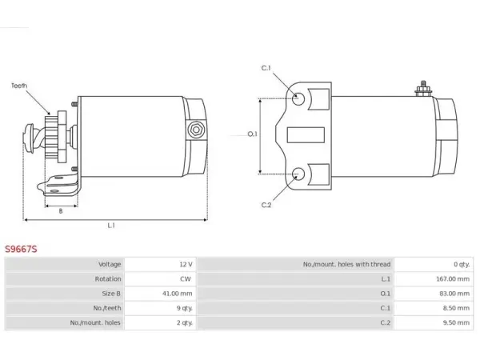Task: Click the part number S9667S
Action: [21, 249]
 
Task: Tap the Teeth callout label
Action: [19, 86]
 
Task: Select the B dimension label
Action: [61, 211]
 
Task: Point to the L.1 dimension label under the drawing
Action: [111, 226]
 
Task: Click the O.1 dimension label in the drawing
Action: [253, 134]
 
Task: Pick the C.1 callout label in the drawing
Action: [266, 68]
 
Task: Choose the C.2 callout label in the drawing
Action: [266, 205]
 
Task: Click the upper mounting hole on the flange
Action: [298, 98]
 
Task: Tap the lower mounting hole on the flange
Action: [298, 174]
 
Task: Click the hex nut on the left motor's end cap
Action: [196, 130]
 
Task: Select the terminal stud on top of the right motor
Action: [423, 89]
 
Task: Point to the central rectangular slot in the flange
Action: [306, 135]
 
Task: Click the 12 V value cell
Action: [186, 264]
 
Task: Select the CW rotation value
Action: [186, 279]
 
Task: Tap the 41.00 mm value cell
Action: [178, 294]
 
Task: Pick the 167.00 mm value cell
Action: [453, 279]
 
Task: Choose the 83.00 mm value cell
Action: [454, 294]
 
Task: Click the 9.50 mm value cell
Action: [456, 322]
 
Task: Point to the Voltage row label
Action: [110, 264]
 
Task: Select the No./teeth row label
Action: [107, 308]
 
